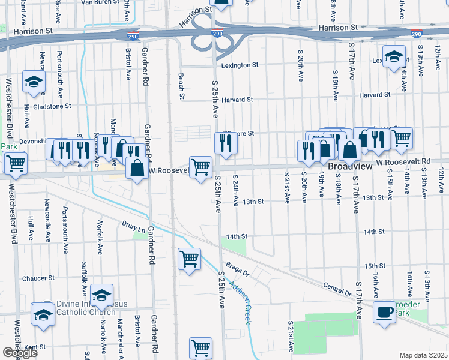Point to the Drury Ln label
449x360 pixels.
coord(134,229)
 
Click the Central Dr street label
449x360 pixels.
coord(336,289)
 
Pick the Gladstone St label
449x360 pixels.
coord(52,106)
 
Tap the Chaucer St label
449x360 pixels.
coord(38,278)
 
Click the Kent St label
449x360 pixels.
coord(35,347)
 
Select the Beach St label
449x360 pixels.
coord(181,86)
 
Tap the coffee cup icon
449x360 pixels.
coord(384,311)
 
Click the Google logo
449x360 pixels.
coord(20,353)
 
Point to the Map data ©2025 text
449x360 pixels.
coord(423,355)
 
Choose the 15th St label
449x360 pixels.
coord(373,266)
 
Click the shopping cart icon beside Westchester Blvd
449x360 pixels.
coord(15,162)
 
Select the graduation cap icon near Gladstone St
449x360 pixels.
coord(34,82)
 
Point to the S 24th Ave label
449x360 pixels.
coord(235,190)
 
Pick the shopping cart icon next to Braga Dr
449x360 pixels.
coord(189,259)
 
